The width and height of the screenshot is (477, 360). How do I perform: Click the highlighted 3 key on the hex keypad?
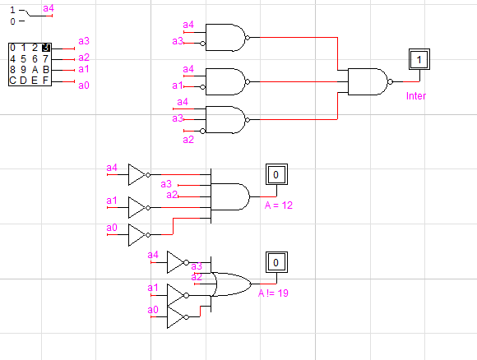pos(46,48)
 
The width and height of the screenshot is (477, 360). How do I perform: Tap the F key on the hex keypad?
pos(45,81)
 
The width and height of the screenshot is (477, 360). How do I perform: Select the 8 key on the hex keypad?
pos(12,70)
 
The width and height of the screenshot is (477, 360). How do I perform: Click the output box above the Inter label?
pos(419,59)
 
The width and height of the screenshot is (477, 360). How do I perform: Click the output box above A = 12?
pos(276,174)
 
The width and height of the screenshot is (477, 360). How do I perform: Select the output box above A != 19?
pos(276,262)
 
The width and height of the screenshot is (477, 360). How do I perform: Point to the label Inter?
pos(416,96)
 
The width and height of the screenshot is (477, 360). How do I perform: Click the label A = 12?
pos(279,205)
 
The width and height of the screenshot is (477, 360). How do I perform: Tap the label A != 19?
pos(273,293)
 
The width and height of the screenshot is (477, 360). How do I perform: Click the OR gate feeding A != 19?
pos(231,284)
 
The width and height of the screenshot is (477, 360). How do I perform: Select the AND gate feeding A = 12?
pos(230,196)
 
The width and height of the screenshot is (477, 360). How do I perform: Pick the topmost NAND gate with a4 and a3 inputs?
pos(227,38)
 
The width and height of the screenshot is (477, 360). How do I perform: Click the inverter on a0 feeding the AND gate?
pos(139,235)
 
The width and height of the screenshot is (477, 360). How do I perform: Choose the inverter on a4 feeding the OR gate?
pos(178,262)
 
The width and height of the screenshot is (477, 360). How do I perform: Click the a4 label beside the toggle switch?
pos(49,8)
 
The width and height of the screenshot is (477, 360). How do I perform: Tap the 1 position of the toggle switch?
pos(12,10)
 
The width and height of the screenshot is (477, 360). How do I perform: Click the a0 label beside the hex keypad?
pos(84,85)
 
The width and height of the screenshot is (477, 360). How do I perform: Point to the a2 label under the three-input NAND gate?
pos(188,140)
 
